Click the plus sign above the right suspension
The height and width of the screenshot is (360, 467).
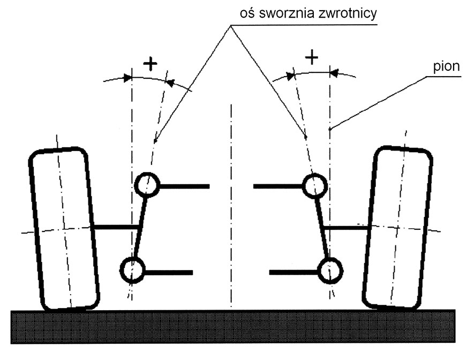[311, 56]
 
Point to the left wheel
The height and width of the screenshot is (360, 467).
[64, 227]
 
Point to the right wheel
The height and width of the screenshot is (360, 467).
[397, 227]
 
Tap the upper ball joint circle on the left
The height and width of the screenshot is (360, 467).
[146, 185]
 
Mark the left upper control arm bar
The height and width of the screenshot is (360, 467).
[183, 186]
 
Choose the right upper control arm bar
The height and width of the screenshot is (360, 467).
[278, 186]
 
